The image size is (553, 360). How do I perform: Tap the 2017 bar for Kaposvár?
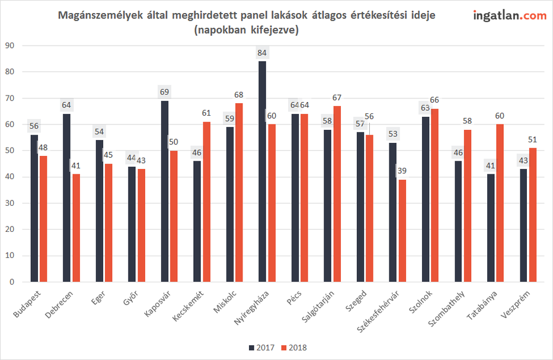click(x=165, y=191)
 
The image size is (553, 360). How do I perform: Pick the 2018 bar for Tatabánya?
click(x=500, y=203)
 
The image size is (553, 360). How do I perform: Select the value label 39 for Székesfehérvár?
click(x=402, y=171)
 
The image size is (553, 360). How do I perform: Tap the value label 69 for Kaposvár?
click(x=165, y=93)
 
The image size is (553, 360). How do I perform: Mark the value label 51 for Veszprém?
click(x=532, y=140)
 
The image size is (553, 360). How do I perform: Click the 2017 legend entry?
click(x=261, y=348)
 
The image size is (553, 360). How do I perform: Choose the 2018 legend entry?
click(x=294, y=348)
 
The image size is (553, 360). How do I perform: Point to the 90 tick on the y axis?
click(x=9, y=46)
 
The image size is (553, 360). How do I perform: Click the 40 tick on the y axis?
click(x=9, y=177)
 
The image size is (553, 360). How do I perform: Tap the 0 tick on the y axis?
click(x=11, y=282)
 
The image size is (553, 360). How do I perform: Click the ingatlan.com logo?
click(x=510, y=15)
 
